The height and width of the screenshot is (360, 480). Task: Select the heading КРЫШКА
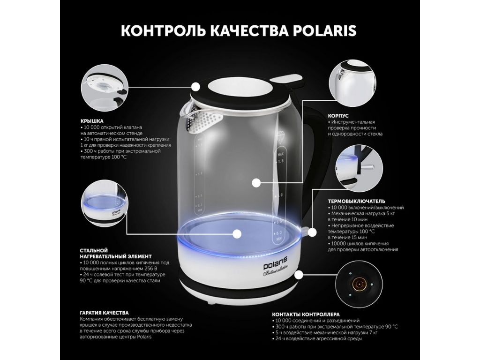[x=92, y=121]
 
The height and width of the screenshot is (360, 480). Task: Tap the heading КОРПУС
[x=338, y=116]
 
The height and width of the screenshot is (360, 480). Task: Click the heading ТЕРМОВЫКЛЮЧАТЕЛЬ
[x=357, y=202]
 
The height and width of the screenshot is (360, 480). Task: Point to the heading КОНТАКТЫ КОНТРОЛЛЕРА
[x=306, y=315]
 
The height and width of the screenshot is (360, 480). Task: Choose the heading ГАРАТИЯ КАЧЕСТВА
[x=105, y=313]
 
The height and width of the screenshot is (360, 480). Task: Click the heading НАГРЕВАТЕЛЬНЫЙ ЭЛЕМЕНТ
[x=116, y=256]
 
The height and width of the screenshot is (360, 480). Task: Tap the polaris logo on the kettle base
[x=276, y=260]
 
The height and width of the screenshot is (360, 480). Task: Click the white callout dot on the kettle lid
[x=196, y=87]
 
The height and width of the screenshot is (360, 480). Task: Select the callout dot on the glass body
[x=256, y=183]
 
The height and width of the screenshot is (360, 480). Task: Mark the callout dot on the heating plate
[x=237, y=234]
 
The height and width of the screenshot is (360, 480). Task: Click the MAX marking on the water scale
[x=280, y=154]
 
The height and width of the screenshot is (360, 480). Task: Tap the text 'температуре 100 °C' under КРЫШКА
[x=104, y=157]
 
